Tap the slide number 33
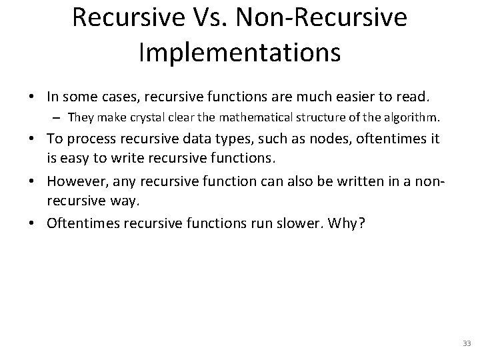(x=466, y=343)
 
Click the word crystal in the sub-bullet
(x=152, y=119)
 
